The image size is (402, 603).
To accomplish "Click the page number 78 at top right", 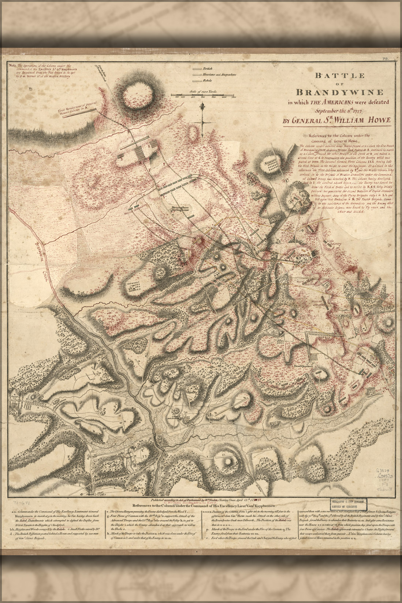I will (385, 59).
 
